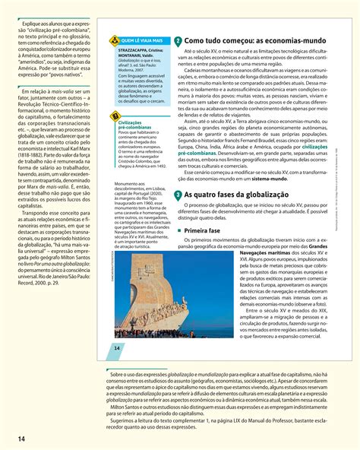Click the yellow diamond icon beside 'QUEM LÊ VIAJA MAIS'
click(114, 39)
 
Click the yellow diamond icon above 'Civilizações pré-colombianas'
click(115, 115)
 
